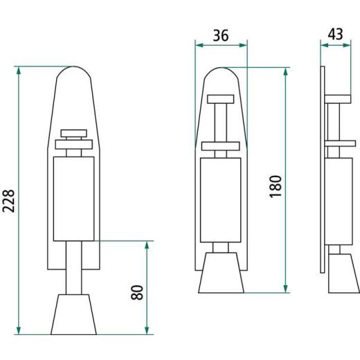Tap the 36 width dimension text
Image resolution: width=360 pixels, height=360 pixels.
pos(221,36)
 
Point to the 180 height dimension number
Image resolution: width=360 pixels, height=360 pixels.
pos(275,186)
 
